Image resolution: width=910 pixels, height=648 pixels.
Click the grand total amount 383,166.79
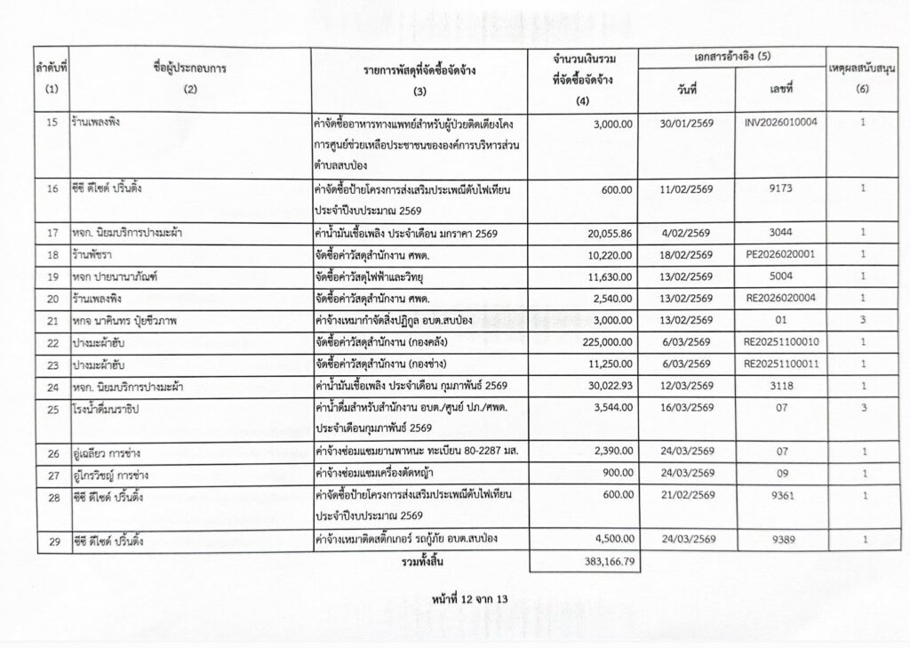point(606,562)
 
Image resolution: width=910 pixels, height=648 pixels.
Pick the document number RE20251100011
point(782,363)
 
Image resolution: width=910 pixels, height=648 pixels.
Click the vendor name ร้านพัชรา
point(94,254)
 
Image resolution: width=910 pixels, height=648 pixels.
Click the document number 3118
point(782,384)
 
